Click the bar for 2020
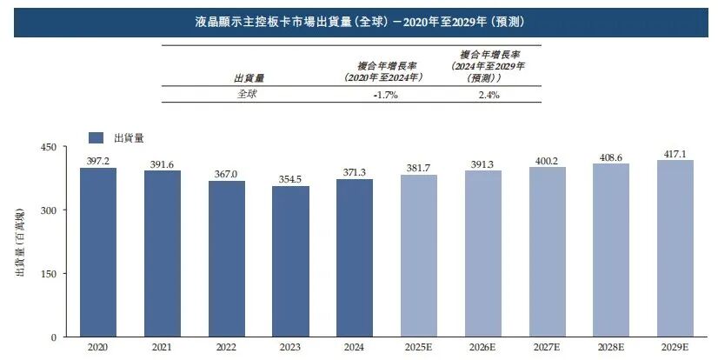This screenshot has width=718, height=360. pos(98,252)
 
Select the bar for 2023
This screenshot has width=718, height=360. pos(290,261)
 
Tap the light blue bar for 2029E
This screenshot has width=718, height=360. pos(675,248)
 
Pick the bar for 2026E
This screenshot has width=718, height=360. pos(482,253)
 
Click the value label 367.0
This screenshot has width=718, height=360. pos(226,173)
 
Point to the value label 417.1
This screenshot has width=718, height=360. pos(675,153)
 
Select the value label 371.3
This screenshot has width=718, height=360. pos(355,172)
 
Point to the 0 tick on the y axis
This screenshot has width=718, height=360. pos(53,337)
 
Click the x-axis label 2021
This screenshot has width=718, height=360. pos(162,347)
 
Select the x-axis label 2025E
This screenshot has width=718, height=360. pos(418,347)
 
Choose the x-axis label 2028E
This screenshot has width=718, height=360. pos(610,347)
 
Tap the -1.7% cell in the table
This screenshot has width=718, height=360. pos(384,95)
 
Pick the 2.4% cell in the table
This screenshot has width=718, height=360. pos(489,95)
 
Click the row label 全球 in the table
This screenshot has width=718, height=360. pos(247,95)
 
